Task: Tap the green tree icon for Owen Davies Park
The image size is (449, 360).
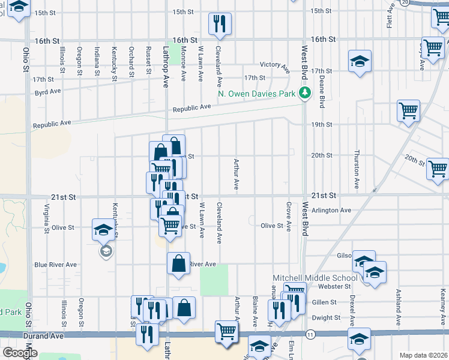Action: pyautogui.click(x=305, y=92)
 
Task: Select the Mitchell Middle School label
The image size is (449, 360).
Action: pyautogui.click(x=315, y=278)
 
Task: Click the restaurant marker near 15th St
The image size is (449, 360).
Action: pyautogui.click(x=219, y=23)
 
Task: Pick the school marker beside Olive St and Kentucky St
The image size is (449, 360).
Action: pyautogui.click(x=102, y=229)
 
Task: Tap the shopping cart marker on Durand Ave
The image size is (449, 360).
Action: pyautogui.click(x=226, y=331)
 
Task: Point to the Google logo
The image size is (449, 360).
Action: pyautogui.click(x=19, y=353)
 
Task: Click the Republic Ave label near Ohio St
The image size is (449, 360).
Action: pyautogui.click(x=52, y=124)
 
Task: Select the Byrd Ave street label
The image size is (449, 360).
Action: pyautogui.click(x=48, y=92)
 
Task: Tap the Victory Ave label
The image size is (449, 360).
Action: pyautogui.click(x=274, y=65)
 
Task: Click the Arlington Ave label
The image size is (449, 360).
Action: pyautogui.click(x=336, y=211)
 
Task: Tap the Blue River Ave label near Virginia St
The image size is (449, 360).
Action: pyautogui.click(x=55, y=265)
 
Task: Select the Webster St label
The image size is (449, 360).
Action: pyautogui.click(x=335, y=287)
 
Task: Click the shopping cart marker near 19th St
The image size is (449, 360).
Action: pyautogui.click(x=408, y=110)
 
